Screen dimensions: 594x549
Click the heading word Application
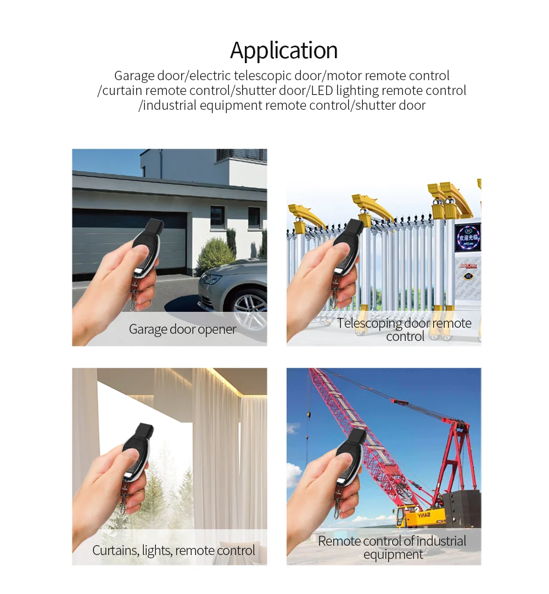pos(284,51)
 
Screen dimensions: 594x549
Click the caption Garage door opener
pos(182,329)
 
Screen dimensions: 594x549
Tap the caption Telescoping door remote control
pos(405,329)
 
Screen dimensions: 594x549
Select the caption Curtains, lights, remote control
pos(173,550)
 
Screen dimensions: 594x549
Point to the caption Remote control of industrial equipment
pos(393,547)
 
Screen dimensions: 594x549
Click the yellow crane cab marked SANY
pos(420,516)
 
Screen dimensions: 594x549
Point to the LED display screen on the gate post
pos(467,237)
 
